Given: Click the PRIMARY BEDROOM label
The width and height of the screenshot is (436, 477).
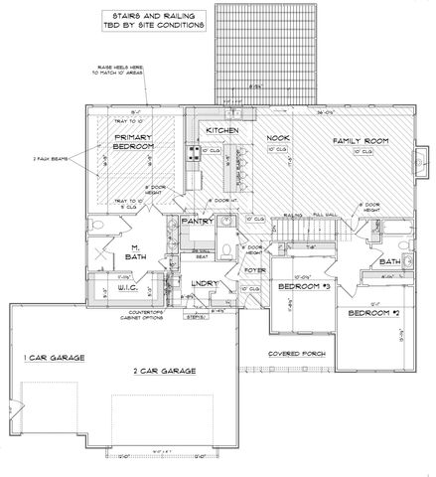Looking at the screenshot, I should (x=137, y=141).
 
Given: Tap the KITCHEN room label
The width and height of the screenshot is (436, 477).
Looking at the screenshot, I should (x=219, y=131).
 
